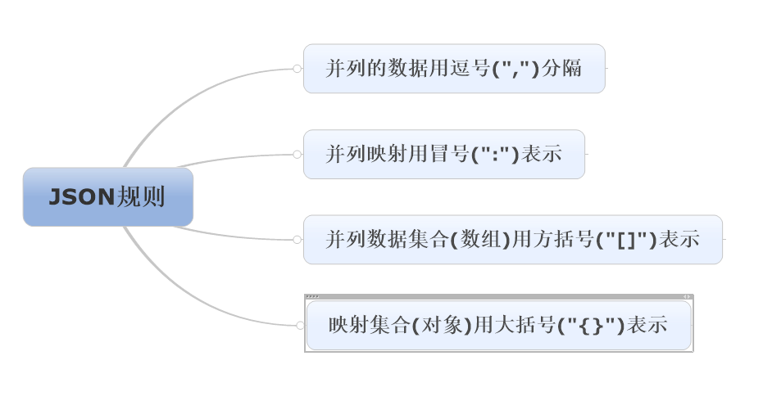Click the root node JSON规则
coord(107,197)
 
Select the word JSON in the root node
coord(81,197)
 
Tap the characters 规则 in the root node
coord(141,197)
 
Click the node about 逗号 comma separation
coord(453,69)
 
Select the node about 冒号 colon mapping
coord(443,154)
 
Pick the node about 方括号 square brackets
coord(512,240)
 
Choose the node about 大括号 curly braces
coord(498,325)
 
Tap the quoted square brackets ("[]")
coord(626,240)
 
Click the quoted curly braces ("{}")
coord(591,325)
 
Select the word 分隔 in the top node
coord(562,69)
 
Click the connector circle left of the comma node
coord(297,69)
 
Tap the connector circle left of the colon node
coord(297,154)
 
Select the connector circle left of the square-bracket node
coord(297,240)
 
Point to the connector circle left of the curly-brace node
coord(300,325)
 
